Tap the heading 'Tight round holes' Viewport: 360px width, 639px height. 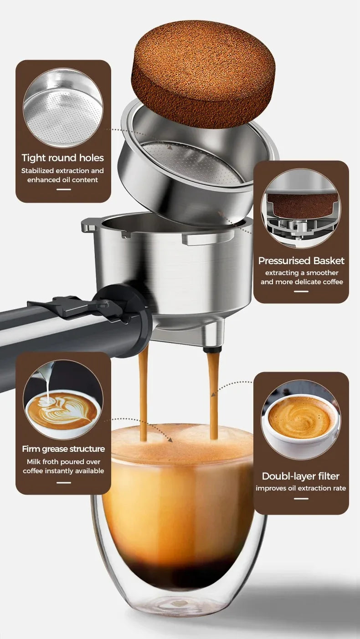(63, 158)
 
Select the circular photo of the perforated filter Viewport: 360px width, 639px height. (63, 108)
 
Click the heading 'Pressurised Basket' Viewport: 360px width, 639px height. (301, 261)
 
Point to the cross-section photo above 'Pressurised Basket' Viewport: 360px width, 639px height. (301, 208)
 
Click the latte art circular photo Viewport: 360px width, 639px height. (63, 399)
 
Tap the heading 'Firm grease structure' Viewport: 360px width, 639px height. (63, 449)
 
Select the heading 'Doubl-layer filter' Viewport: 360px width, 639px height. (301, 476)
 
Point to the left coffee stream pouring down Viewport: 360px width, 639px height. (144, 392)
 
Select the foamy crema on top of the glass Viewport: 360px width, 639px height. (182, 444)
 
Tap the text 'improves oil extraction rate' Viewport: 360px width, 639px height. (301, 488)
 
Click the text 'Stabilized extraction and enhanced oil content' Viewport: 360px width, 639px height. (63, 175)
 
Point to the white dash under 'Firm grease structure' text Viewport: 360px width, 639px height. (63, 482)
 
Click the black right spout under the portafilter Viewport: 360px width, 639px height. (212, 349)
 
